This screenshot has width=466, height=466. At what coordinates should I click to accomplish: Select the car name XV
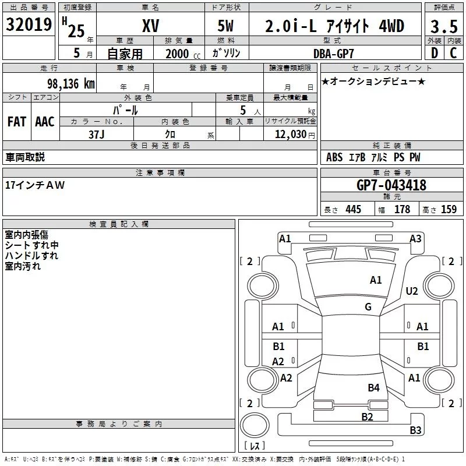151,26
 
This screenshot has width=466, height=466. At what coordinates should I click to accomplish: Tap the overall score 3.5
443,26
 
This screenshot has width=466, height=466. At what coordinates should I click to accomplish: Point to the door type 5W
227,26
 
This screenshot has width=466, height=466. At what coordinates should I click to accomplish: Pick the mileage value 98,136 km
68,83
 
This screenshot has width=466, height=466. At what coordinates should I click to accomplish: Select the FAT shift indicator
16,121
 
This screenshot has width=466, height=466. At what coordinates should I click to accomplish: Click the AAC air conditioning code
44,121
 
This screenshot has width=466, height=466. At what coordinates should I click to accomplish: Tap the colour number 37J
96,134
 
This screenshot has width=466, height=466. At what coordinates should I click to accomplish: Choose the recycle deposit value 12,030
290,134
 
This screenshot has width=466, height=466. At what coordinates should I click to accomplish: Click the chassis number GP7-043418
391,185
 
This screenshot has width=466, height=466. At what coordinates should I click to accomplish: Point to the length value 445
352,209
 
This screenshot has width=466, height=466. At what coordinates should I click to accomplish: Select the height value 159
449,209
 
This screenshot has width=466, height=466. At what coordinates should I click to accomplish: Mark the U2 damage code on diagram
412,291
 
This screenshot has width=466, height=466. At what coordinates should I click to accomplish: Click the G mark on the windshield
368,307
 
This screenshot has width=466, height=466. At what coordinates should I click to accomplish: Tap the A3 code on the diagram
415,238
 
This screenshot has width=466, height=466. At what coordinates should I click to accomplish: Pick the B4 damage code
373,387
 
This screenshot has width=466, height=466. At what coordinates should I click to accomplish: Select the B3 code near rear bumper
415,430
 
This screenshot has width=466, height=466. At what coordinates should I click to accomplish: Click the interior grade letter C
453,53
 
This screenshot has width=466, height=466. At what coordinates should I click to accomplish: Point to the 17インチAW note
35,185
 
